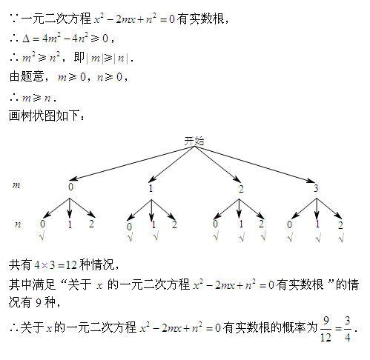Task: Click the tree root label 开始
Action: point(194,141)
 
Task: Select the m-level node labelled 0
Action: point(70,187)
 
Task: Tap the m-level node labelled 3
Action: point(316,188)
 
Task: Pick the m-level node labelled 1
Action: point(151,188)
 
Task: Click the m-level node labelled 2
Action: point(241,189)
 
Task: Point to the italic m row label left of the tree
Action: point(16,185)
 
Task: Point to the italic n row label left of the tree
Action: point(18,224)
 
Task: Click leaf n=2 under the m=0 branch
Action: point(91,224)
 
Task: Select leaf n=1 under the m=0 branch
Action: point(70,224)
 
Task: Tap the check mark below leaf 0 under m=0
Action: point(42,236)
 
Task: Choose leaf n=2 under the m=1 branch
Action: point(174,224)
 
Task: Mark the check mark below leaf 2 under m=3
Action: point(341,238)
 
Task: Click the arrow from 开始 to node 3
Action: point(254,164)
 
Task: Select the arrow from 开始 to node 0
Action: point(132,163)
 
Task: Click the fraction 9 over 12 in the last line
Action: point(326,329)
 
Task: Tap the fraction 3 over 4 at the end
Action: point(348,329)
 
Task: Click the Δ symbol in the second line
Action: point(26,39)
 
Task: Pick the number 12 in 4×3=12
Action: point(71,265)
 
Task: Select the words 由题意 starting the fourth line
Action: point(27,76)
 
